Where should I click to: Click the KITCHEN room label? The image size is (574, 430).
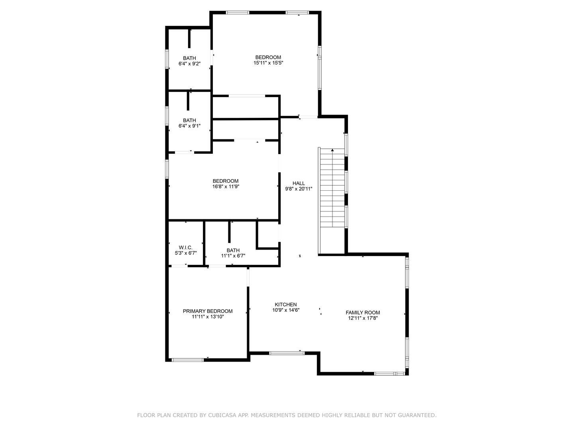point(285,305)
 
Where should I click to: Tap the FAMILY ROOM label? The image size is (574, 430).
point(362,313)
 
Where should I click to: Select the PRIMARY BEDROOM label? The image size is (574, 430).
point(207,311)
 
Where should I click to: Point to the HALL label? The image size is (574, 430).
point(299,184)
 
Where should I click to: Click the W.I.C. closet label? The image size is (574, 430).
point(186,248)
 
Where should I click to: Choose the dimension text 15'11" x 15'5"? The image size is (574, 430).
point(268,63)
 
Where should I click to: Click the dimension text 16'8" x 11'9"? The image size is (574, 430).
point(226,186)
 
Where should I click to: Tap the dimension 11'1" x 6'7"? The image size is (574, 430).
point(233,256)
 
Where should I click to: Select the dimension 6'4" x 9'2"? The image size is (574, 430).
point(189,64)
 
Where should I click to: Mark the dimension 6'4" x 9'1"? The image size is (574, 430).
point(189,126)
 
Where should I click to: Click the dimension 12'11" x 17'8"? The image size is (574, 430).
point(362,318)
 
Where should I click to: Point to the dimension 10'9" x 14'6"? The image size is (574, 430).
point(285,310)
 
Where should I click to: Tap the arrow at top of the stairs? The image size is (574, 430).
point(332,150)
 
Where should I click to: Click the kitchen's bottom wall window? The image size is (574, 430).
point(287,353)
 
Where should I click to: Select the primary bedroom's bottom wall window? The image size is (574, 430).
point(187,360)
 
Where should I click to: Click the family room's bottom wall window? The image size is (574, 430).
point(389,373)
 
